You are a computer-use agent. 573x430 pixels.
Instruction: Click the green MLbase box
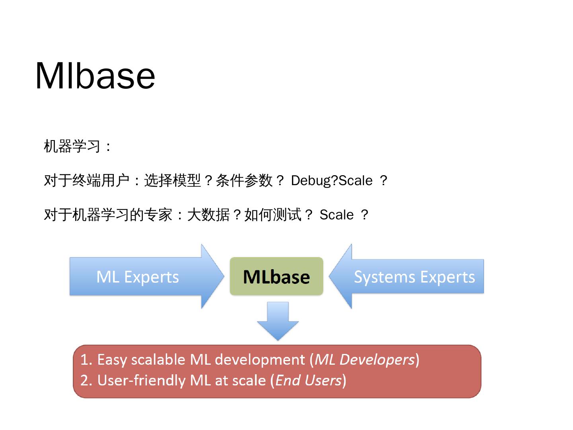[276, 276]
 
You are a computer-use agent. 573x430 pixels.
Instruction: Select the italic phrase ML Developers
[364, 360]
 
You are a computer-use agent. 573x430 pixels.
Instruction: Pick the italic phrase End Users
[308, 380]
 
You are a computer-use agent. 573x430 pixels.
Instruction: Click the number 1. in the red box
[86, 360]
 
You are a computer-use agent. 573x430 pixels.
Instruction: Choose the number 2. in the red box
[86, 380]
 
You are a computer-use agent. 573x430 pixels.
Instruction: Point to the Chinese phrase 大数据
[209, 215]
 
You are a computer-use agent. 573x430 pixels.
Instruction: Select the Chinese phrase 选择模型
[172, 181]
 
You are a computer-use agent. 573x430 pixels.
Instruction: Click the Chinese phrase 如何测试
[273, 215]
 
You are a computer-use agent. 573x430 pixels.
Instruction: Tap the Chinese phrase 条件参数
[244, 181]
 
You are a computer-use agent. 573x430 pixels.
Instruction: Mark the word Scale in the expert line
[337, 215]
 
